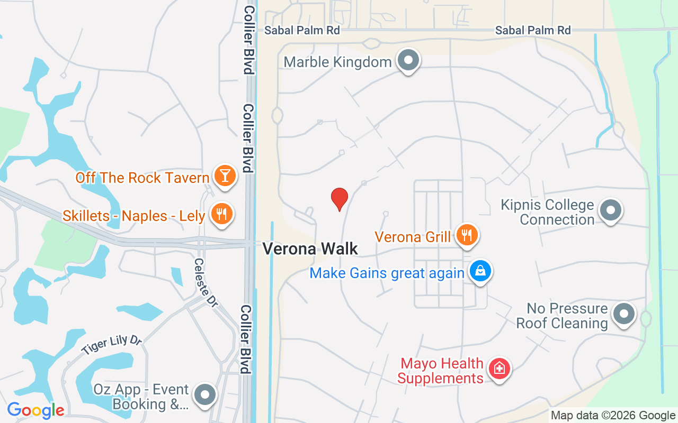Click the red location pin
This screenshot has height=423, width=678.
pos(340,199)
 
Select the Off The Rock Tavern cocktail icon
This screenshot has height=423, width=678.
pos(225,176)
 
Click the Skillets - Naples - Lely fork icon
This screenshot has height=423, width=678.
pos(221,214)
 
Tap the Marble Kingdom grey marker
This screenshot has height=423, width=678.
pos(408,60)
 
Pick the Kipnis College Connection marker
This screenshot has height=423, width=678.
pos(610,210)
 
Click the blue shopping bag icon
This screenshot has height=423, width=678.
pos(480,271)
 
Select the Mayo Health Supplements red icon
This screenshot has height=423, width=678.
pos(499,368)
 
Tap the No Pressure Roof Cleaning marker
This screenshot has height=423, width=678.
pos(623,314)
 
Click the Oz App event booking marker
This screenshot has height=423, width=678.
pos(205,395)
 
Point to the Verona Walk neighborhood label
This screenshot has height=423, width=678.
pos(310,249)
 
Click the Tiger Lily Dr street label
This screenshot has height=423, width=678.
pos(112,345)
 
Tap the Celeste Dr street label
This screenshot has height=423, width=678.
pos(206,282)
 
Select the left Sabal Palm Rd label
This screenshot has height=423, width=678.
pos(302,31)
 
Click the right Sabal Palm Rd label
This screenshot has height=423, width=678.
pos(533,31)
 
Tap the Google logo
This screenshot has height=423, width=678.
pos(35,410)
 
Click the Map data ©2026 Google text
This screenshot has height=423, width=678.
pos(613,416)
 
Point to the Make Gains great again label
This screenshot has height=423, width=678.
pos(387,273)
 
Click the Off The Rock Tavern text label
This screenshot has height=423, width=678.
pos(142,178)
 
